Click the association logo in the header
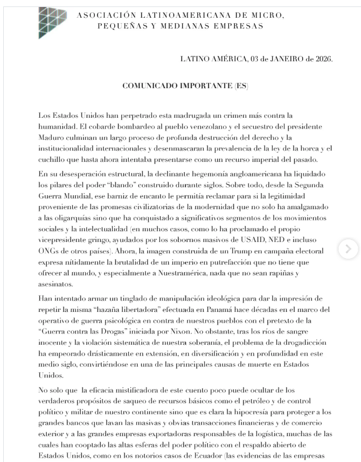coord(52,23)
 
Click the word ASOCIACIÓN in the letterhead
coord(105,16)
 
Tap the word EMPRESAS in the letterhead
coord(233,25)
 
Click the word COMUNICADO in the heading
coord(148,86)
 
